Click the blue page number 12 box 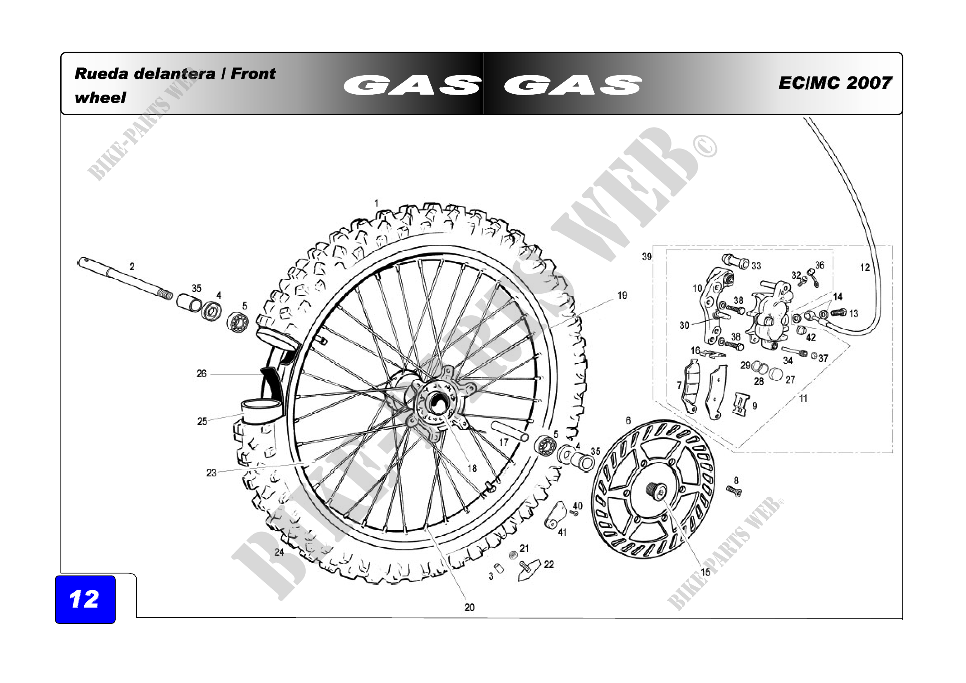(85, 599)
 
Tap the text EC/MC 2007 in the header (835, 83)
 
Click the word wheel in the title (100, 98)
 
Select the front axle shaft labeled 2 (125, 278)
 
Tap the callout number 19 (622, 295)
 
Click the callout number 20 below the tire (470, 608)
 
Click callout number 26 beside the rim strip (202, 374)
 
